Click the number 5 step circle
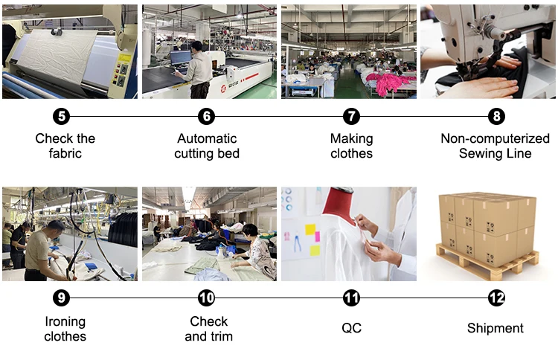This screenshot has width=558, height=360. [62, 117]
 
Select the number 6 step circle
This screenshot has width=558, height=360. [207, 117]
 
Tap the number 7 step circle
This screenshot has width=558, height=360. [351, 117]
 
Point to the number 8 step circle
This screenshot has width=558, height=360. [496, 117]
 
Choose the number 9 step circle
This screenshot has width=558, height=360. [62, 298]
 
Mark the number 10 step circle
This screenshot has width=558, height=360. [207, 298]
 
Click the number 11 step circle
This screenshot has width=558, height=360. [351, 298]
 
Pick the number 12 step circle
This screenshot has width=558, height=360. [496, 298]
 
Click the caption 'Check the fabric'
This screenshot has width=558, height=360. [65, 146]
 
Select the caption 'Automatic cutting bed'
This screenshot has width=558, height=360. [207, 146]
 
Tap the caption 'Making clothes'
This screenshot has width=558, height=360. [351, 146]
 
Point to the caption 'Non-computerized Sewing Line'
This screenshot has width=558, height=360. [496, 146]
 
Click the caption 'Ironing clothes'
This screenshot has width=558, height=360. [65, 329]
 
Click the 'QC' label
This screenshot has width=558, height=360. [351, 328]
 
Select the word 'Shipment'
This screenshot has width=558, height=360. [496, 328]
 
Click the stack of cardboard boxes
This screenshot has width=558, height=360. [487, 222]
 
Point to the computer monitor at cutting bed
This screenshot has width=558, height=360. [180, 57]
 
